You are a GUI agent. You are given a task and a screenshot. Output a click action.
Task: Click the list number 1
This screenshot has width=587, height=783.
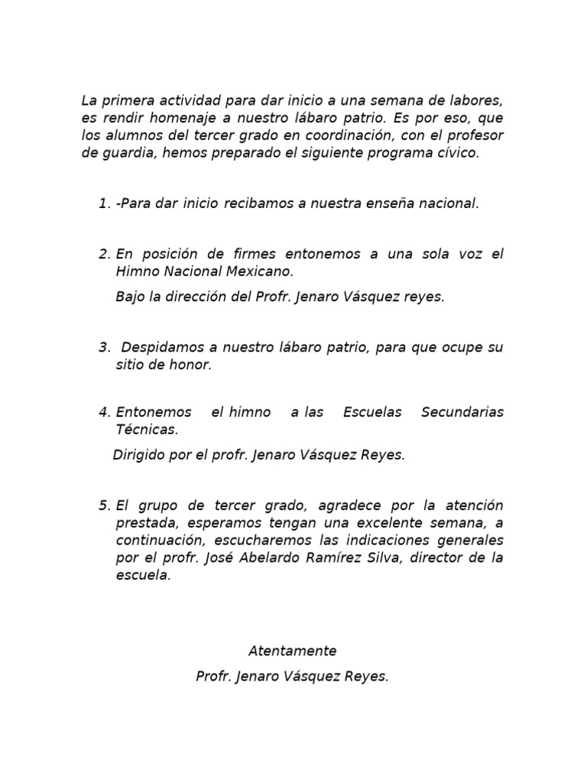click(x=104, y=203)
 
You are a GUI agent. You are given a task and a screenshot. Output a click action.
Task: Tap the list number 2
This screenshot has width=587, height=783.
click(x=104, y=254)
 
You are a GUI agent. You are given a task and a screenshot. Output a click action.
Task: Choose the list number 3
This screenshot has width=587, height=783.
click(x=104, y=347)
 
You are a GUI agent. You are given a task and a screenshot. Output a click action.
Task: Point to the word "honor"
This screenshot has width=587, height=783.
click(x=191, y=365)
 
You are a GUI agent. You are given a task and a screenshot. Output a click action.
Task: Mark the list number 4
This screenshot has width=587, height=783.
click(x=104, y=412)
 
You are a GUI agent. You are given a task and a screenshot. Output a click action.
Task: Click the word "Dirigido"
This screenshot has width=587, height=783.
click(x=139, y=455)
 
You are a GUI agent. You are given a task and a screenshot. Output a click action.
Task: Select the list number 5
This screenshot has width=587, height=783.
click(x=104, y=505)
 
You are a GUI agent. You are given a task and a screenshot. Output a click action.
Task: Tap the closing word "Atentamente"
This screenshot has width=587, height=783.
click(x=293, y=651)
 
